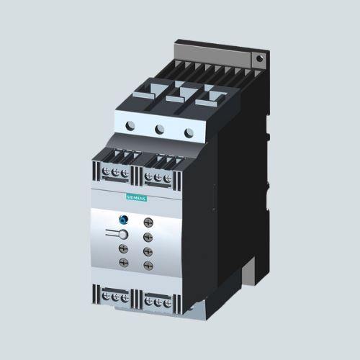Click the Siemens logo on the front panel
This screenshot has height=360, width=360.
point(136,198)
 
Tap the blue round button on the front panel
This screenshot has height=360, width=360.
point(124,220)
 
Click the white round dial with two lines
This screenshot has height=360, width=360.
point(123,235)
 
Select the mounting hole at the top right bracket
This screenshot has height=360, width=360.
point(259,58)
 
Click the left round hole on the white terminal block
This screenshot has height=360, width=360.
point(130,126)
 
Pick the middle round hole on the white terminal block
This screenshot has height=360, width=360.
point(159,129)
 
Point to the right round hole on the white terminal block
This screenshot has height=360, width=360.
point(189,132)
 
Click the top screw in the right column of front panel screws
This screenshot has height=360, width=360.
point(148,222)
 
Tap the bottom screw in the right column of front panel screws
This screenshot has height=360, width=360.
point(148,266)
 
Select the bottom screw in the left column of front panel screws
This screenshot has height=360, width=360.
point(124,262)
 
